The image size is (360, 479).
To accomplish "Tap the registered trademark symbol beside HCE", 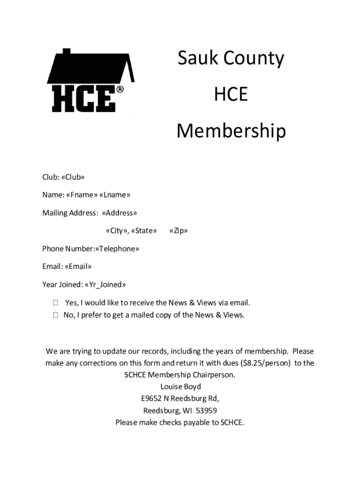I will (x=120, y=89).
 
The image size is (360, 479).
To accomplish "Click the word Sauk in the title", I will (x=199, y=59).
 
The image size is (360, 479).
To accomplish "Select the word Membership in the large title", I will (x=231, y=132).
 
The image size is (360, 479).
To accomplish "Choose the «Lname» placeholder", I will (x=115, y=195).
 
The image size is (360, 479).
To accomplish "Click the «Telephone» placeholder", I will (x=117, y=249).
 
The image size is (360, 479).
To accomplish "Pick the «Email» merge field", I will (x=78, y=267).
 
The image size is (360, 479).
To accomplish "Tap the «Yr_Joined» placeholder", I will (x=105, y=284).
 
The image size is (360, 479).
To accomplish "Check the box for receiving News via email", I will (x=56, y=303).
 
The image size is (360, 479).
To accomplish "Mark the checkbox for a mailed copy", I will (x=56, y=315).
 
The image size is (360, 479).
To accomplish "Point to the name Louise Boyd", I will (x=180, y=387).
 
